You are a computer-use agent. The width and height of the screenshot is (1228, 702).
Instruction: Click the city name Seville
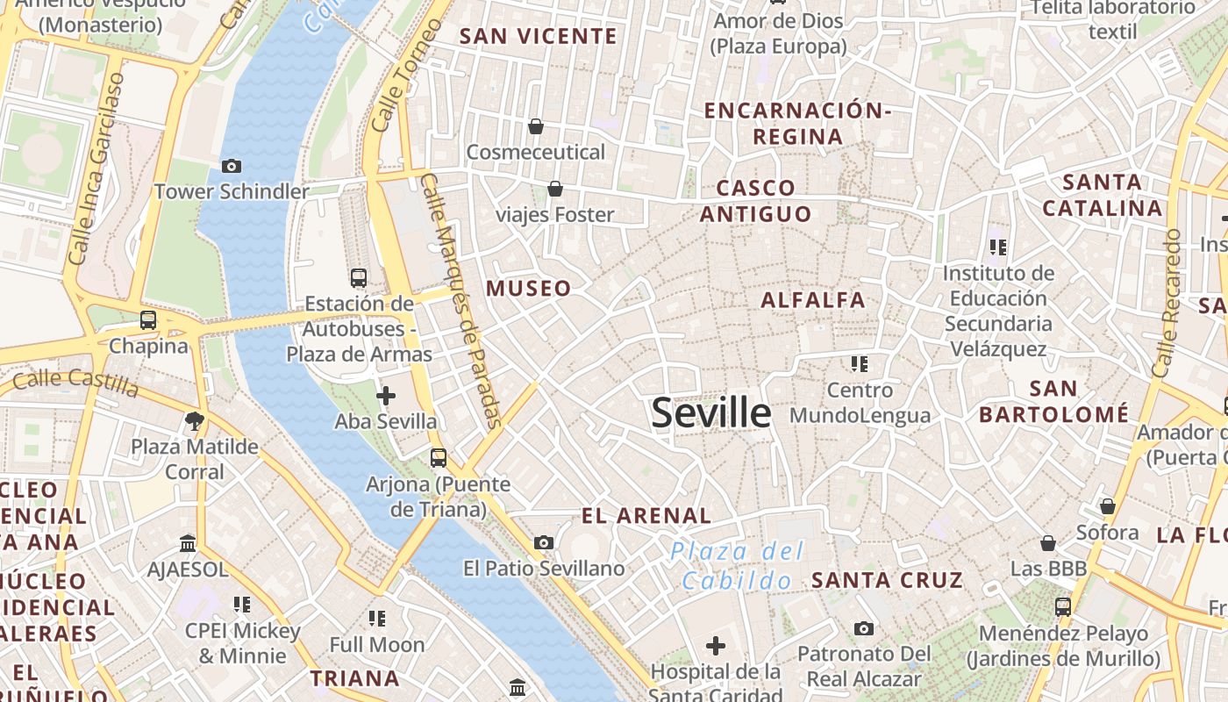pos(711,412)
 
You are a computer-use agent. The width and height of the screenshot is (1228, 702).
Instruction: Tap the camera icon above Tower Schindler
pos(232,166)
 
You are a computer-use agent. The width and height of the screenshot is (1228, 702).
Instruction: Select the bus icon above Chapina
pos(148,320)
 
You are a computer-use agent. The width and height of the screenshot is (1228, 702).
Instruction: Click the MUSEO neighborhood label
pos(528,289)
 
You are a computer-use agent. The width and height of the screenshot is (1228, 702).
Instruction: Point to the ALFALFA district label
pos(813,300)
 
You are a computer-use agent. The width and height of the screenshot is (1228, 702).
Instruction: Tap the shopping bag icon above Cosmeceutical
pos(536,126)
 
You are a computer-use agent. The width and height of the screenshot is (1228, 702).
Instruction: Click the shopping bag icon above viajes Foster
pos(555,189)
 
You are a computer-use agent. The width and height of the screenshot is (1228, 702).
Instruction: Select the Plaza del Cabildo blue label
pos(737,566)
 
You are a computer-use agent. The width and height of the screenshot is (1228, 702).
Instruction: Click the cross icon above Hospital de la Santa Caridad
pos(716,647)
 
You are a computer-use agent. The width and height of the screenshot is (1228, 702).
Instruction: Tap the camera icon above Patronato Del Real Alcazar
pos(864,628)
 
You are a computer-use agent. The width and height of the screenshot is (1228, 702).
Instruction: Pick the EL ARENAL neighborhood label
pos(646,516)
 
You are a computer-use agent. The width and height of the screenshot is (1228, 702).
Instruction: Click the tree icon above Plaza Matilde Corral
pos(195,421)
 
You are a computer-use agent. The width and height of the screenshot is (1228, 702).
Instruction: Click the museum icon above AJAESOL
pos(188,543)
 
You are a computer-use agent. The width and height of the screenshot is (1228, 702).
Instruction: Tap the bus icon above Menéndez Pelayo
pos(1063,606)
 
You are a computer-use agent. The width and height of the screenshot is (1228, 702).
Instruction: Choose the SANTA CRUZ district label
pos(887,580)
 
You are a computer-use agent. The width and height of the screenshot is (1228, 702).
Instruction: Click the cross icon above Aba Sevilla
pos(386,396)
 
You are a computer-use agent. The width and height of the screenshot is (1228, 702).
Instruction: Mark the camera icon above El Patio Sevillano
pos(544,542)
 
